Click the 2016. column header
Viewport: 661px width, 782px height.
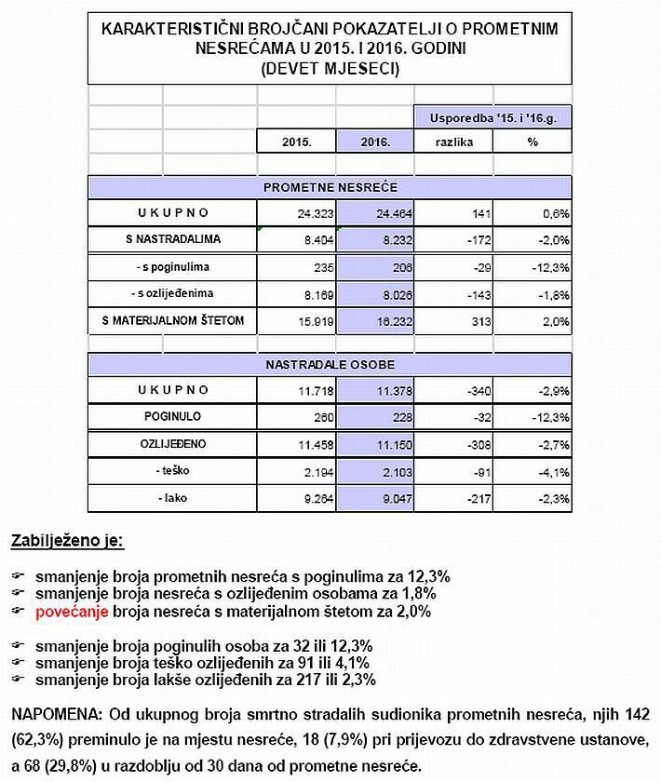pos(375,142)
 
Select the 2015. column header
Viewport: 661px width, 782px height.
pos(296,142)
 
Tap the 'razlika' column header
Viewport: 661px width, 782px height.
pos(454,142)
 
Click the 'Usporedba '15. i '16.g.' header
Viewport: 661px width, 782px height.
pos(493,118)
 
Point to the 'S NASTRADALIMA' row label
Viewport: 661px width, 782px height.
pos(173,240)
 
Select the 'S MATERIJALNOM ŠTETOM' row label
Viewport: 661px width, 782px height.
pos(173,321)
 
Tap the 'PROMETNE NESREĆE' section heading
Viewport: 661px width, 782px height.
pos(330,187)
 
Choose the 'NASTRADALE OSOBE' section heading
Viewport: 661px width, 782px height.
pos(330,362)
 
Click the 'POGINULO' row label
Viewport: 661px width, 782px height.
pos(172,417)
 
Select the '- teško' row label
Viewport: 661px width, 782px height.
pos(172,471)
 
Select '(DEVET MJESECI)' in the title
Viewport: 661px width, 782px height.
pos(330,68)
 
